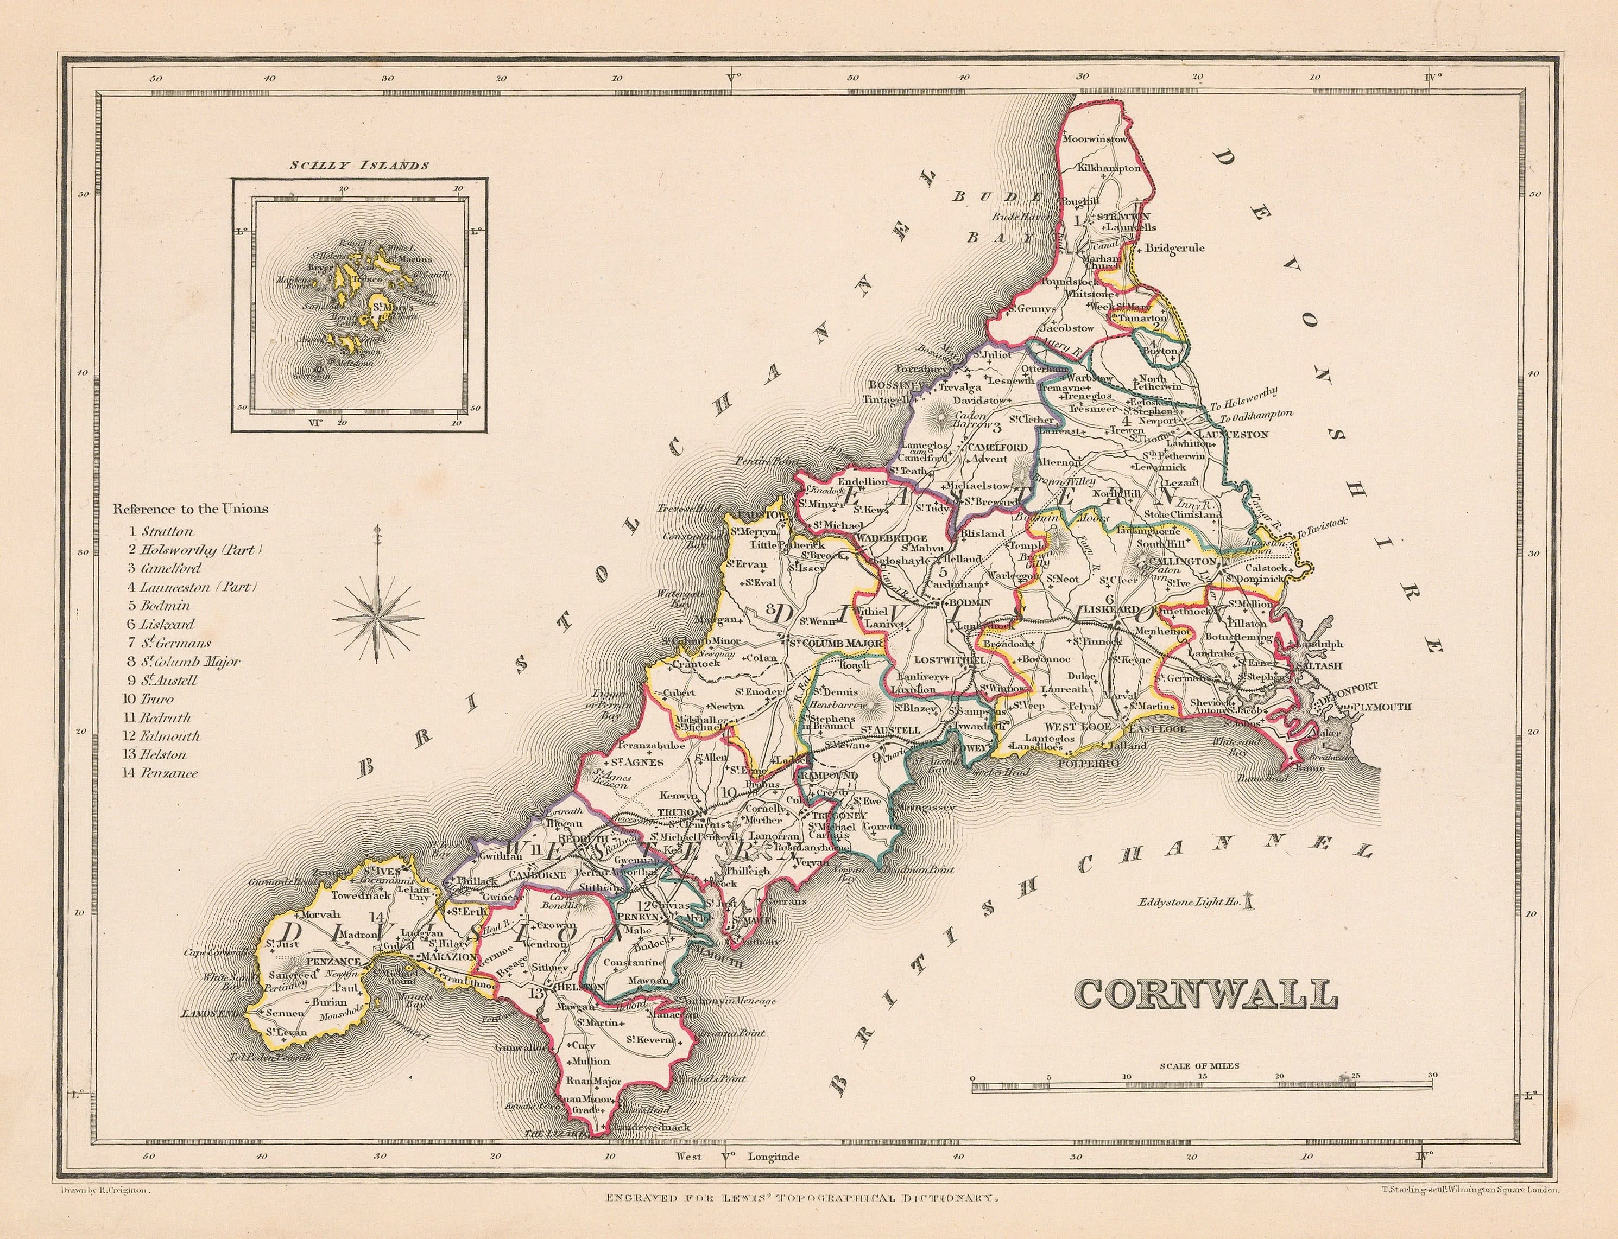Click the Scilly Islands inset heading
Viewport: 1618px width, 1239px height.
(359, 165)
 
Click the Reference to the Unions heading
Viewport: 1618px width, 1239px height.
(191, 508)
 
